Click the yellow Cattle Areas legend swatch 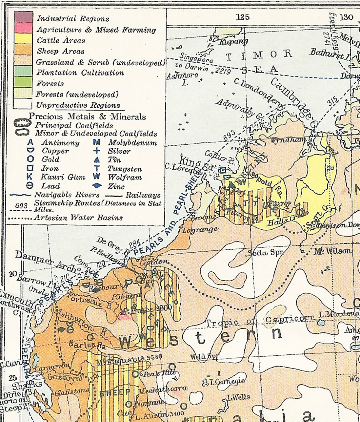coord(23,39)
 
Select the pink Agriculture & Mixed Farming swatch coord(23,28)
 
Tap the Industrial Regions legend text coord(73,19)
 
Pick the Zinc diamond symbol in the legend coord(97,186)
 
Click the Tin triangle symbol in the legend coord(97,160)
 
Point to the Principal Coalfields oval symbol coord(23,124)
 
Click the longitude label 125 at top coord(243,17)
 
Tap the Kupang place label coord(233,42)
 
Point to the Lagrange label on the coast coord(200,229)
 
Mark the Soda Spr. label coord(266,253)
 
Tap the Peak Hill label coord(160,373)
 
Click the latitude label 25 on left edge coord(13,377)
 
